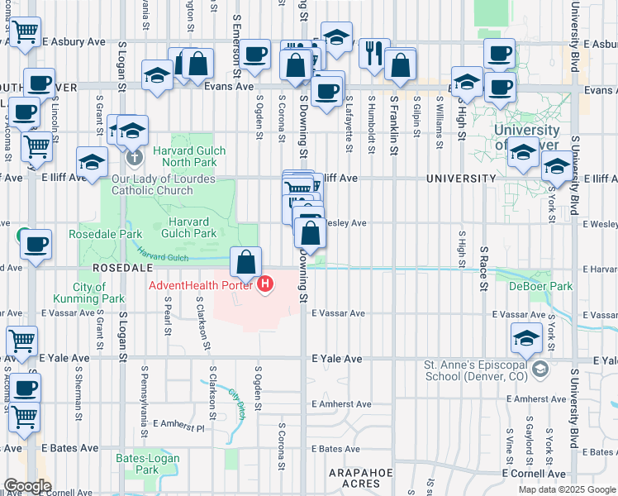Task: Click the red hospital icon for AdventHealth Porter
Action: coord(265,286)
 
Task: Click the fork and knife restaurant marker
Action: coord(374,52)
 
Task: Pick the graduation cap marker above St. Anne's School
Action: coord(526,337)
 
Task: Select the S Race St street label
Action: coord(483,268)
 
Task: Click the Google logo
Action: coord(27,486)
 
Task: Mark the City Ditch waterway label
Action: coord(240,403)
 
